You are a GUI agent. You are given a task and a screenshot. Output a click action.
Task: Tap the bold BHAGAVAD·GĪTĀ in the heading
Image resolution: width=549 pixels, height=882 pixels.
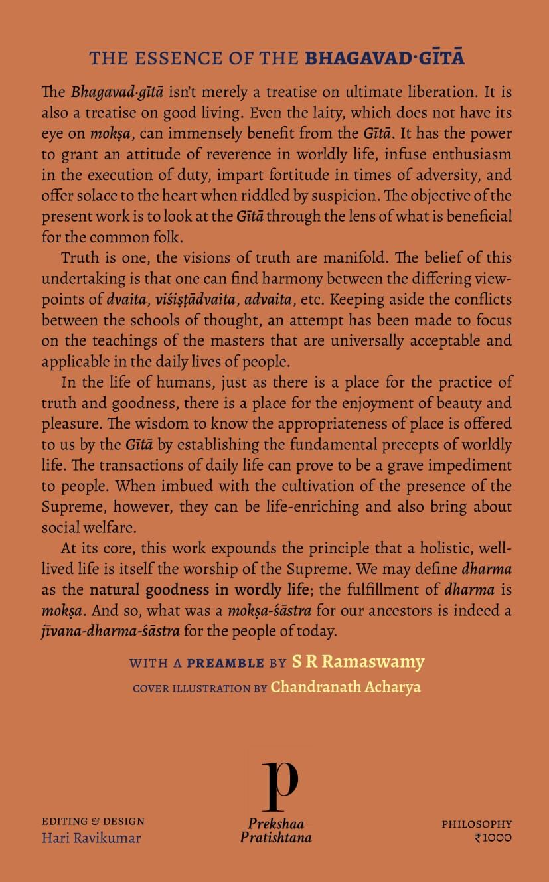[384, 58]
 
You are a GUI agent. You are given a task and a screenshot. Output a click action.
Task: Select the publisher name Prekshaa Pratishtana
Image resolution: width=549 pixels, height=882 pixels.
[275, 830]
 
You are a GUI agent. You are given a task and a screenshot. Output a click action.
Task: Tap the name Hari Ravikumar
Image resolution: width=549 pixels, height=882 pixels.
[91, 838]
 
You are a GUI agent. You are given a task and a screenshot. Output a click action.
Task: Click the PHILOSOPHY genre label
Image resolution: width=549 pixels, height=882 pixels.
[477, 824]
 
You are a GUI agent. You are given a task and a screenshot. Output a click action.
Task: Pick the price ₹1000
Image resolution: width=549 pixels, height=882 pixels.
[493, 838]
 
